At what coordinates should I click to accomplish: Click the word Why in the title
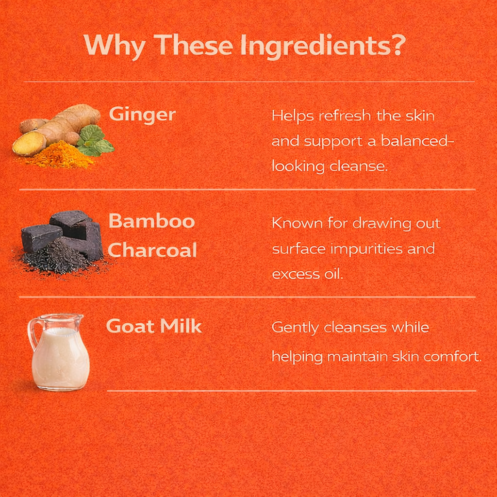click(115, 46)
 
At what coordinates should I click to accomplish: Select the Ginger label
click(142, 115)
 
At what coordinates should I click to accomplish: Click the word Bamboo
click(151, 221)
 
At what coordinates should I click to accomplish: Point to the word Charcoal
click(152, 250)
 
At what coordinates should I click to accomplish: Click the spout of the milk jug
click(79, 317)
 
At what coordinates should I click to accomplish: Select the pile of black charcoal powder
click(60, 260)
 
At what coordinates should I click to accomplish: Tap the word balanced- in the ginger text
click(417, 141)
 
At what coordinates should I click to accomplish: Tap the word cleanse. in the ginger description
click(359, 166)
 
